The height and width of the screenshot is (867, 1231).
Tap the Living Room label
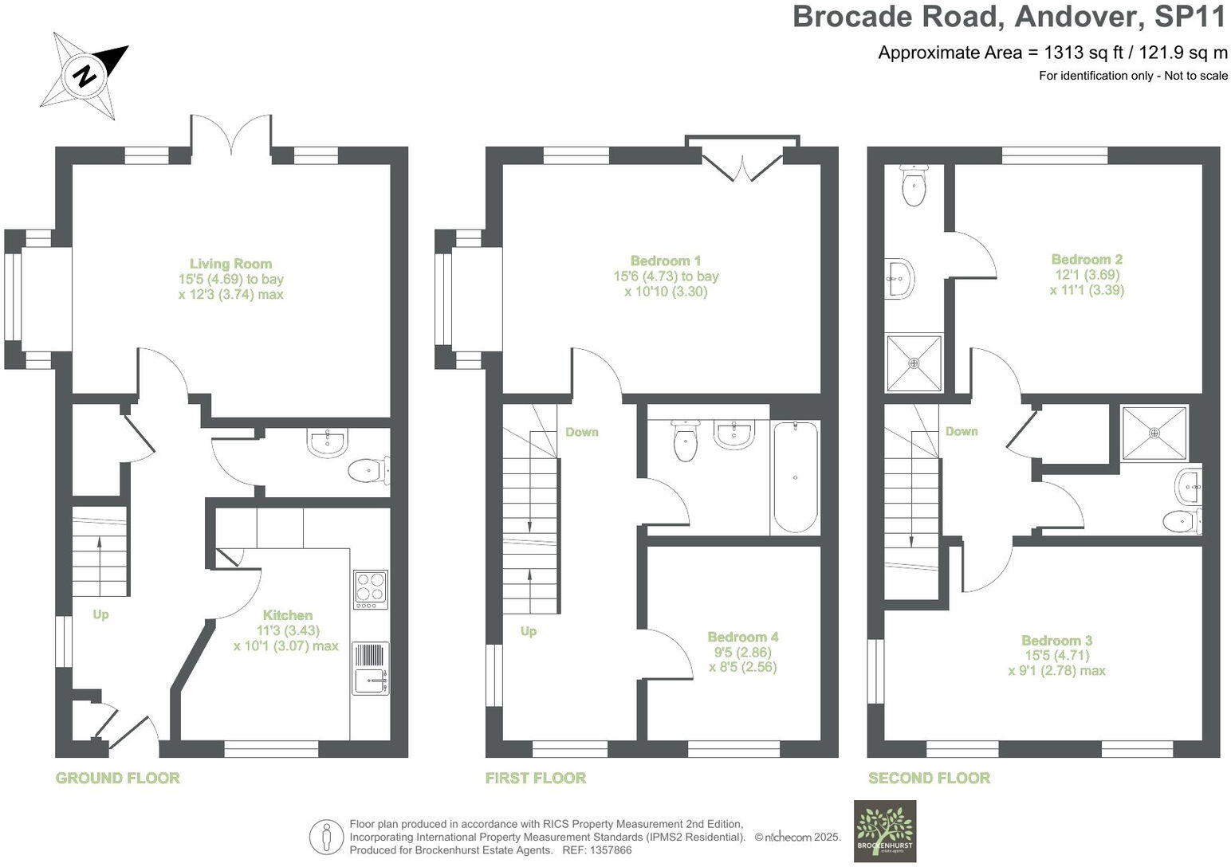pos(230,264)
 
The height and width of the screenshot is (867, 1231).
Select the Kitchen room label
pos(288,615)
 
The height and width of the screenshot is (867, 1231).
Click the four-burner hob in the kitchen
pos(371,590)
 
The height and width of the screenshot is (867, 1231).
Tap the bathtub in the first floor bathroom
pos(794,477)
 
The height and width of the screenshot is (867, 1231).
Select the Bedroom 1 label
pos(665,261)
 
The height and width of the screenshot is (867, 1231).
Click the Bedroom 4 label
pos(742,637)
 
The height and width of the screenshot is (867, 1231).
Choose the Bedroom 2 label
pos(1087,259)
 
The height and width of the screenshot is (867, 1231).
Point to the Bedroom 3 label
pos(1056,641)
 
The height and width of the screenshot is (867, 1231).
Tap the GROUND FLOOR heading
pos(117,778)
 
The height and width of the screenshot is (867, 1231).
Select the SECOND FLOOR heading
pos(929,778)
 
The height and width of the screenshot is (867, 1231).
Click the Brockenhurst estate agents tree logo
pos(885,830)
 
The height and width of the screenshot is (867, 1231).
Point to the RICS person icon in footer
pos(325,837)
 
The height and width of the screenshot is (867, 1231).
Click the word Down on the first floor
pos(581,432)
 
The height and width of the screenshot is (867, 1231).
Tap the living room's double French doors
pos(231,135)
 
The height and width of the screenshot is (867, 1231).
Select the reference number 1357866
pos(610,850)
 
